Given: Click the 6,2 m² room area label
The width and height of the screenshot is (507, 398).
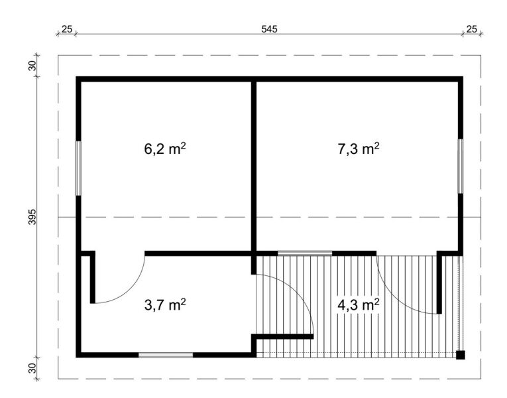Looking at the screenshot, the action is tap(165, 149).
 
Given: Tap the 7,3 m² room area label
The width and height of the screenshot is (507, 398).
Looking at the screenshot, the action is tap(359, 149).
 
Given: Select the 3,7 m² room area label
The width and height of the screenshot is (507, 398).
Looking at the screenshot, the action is tap(165, 304).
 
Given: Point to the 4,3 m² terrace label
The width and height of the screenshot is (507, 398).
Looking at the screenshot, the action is tap(359, 304).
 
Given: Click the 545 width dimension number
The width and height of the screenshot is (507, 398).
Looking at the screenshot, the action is tap(269, 29).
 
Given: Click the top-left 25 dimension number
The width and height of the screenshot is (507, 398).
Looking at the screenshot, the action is tap(67, 29).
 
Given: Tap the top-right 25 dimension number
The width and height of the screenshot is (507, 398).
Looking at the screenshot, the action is tap(472, 29).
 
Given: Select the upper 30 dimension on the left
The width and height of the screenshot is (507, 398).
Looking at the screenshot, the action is tap(33, 66).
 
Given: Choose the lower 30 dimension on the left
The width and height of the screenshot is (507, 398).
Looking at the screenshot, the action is tap(33, 368).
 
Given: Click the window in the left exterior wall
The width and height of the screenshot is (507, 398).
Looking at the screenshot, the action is tap(78, 168).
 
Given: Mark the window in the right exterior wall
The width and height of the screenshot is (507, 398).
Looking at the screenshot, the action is tap(461, 166).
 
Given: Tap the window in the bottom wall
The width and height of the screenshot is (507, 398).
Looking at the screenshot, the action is tap(166, 355).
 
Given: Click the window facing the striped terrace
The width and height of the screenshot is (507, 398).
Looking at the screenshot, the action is tap(305, 253).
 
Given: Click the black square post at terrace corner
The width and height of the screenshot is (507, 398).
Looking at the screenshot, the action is tap(461, 355).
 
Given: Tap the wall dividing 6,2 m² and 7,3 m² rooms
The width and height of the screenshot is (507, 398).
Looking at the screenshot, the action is tap(254, 166).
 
